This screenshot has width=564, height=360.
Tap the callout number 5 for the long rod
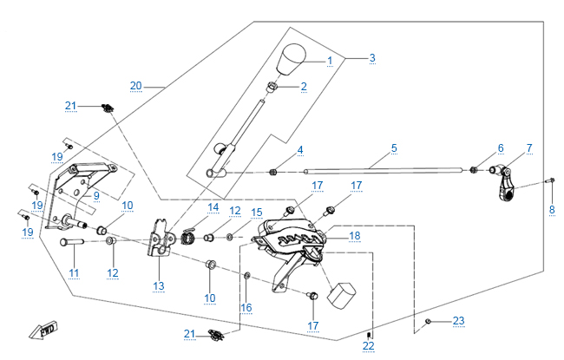coord(394,148)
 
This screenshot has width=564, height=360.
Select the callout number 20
coord(135,85)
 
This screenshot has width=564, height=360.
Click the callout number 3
coord(371,58)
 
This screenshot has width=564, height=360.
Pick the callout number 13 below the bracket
coord(158,285)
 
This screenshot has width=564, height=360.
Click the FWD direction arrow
coord(41,330)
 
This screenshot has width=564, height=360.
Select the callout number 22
coord(369,346)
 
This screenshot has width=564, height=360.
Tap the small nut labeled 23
coord(429,322)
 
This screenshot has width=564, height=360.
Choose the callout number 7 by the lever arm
coord(529,148)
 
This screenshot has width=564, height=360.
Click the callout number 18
coord(354,236)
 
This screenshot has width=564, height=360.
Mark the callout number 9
coord(96,196)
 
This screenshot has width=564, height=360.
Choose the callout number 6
coord(500,148)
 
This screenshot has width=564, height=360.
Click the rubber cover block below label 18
coord(342,292)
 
